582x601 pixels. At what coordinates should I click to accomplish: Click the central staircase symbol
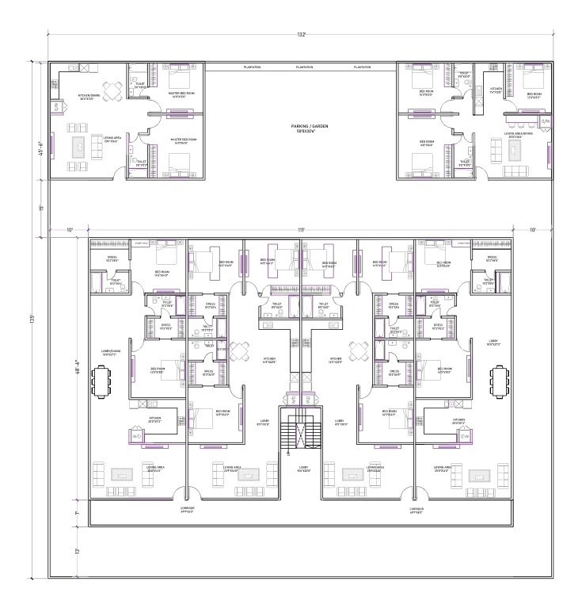tap(302, 433)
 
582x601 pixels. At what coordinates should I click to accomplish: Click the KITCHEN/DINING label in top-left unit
tap(89, 97)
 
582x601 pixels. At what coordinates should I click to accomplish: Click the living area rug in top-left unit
tap(80, 148)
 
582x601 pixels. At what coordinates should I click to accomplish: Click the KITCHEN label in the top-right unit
tap(496, 90)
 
